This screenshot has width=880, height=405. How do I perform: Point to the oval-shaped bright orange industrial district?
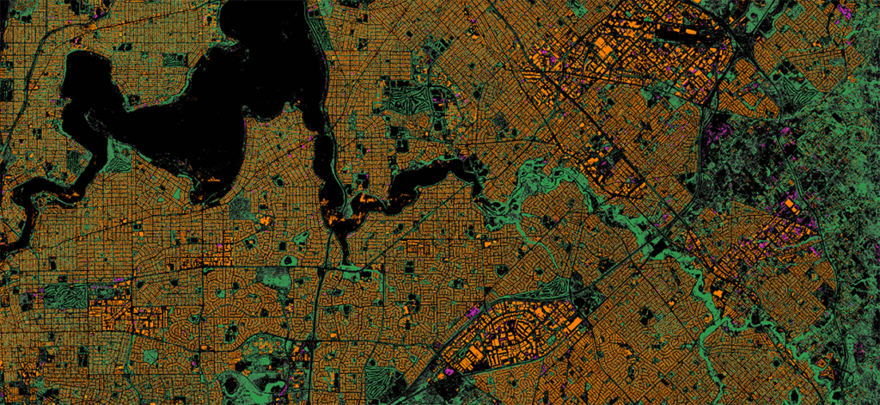point(516,340)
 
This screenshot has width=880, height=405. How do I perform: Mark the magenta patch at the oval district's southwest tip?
point(447,370)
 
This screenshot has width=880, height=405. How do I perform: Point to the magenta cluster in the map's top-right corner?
point(846,12)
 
